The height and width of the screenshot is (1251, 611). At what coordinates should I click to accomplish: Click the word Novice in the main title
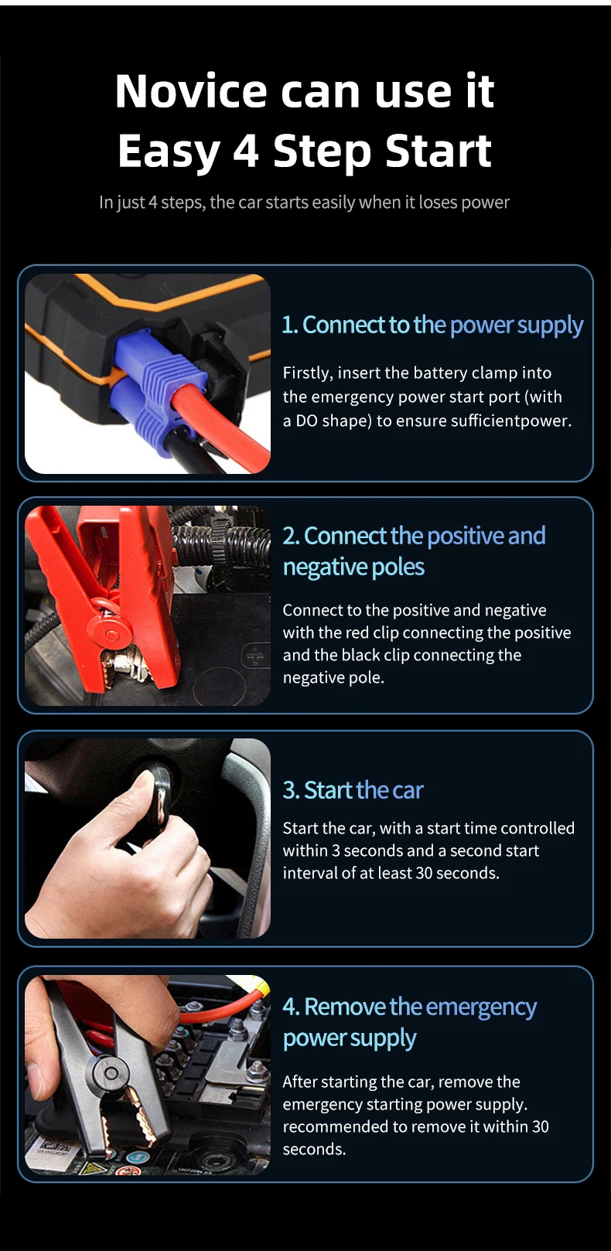click(191, 90)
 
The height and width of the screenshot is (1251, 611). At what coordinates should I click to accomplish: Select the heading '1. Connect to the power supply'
click(432, 325)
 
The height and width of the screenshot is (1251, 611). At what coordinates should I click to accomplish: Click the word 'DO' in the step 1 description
click(306, 421)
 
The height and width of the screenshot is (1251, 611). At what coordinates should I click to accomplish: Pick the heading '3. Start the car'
click(353, 790)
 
